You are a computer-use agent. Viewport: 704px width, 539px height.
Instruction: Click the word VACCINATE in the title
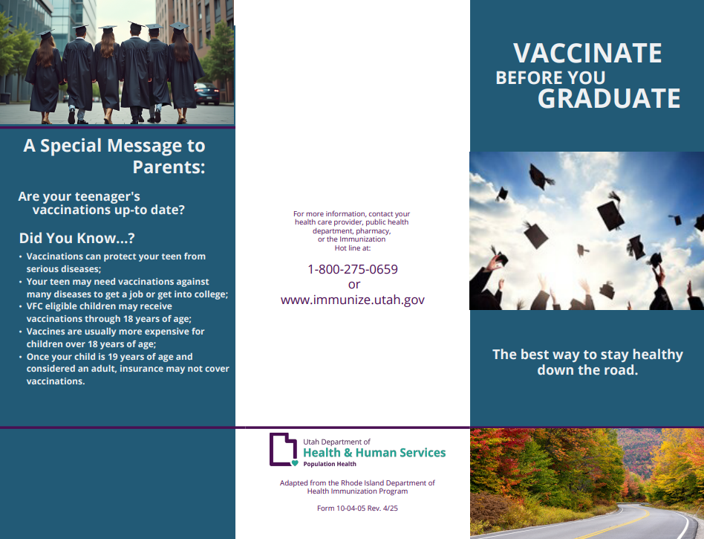[x=587, y=53]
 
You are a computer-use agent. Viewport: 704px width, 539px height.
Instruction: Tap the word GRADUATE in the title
[x=609, y=98]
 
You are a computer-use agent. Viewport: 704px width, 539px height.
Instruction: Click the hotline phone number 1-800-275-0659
[x=353, y=269]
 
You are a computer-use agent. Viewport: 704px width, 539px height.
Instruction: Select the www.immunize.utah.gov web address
[x=353, y=300]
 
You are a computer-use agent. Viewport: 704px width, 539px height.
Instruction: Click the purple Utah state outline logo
[x=283, y=449]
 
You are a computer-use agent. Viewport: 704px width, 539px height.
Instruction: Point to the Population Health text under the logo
[x=330, y=464]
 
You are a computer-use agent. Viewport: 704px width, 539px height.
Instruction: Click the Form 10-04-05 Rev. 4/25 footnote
[x=357, y=508]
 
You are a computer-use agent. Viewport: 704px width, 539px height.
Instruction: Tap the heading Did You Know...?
[x=76, y=238]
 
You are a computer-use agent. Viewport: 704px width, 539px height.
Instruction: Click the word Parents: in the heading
[x=169, y=167]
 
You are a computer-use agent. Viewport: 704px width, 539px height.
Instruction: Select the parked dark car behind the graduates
[x=207, y=93]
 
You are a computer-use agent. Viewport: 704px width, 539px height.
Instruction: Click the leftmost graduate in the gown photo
[x=45, y=77]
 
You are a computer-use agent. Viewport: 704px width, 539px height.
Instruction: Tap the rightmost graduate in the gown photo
[x=183, y=72]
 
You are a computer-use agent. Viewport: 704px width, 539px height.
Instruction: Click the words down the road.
[x=587, y=370]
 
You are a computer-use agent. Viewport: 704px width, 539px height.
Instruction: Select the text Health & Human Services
[x=374, y=452]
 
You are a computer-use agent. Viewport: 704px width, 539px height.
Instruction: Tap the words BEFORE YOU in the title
[x=550, y=78]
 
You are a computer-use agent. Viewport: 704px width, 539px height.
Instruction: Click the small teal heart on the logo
[x=295, y=463]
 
